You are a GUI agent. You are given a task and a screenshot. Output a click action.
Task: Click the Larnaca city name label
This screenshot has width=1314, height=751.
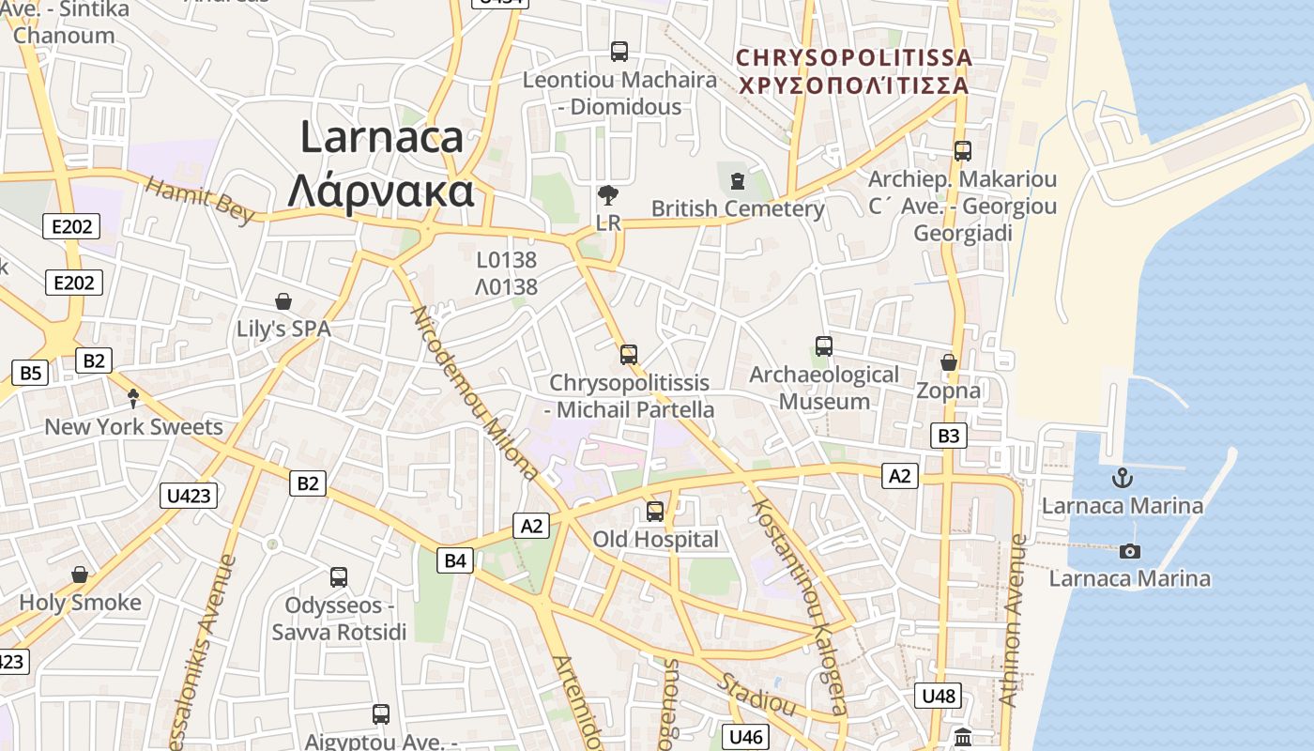pos(380,164)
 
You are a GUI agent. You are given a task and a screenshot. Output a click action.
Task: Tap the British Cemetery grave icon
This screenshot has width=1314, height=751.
pos(737,179)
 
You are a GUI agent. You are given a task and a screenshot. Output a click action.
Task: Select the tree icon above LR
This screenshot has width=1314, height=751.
pos(608,195)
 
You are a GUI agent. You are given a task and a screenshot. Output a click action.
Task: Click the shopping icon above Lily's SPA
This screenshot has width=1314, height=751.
pos(283,301)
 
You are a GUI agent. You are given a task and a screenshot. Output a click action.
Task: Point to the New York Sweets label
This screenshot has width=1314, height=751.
pos(134,427)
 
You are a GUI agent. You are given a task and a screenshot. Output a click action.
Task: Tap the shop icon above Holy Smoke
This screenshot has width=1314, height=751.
pos(80,575)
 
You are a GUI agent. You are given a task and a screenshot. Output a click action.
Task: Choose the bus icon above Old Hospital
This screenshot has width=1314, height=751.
pos(655,512)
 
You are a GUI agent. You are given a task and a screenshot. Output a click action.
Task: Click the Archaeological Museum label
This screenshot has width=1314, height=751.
pos(824,388)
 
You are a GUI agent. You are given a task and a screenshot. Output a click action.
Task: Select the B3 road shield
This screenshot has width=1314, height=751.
pos(949,436)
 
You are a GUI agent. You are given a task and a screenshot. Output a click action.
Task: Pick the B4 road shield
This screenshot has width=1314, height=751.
pos(454,561)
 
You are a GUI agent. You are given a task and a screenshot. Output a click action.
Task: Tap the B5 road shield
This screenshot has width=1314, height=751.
pos(30,373)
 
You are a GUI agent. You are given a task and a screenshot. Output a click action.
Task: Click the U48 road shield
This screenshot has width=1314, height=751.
pos(939,696)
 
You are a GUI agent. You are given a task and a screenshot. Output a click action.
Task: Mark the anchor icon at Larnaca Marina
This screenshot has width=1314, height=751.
pos(1122,478)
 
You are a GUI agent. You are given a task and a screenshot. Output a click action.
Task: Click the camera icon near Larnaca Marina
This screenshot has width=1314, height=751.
pos(1130,551)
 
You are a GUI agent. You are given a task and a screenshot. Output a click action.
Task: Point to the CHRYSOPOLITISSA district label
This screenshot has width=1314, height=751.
pos(853,71)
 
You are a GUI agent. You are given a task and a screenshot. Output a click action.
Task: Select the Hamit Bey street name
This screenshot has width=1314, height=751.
pos(199,200)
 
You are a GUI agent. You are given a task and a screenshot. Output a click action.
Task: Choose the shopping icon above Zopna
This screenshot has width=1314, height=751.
pos(949,362)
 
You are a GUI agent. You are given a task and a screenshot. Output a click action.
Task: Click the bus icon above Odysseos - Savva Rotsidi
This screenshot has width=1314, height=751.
pos(339,576)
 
